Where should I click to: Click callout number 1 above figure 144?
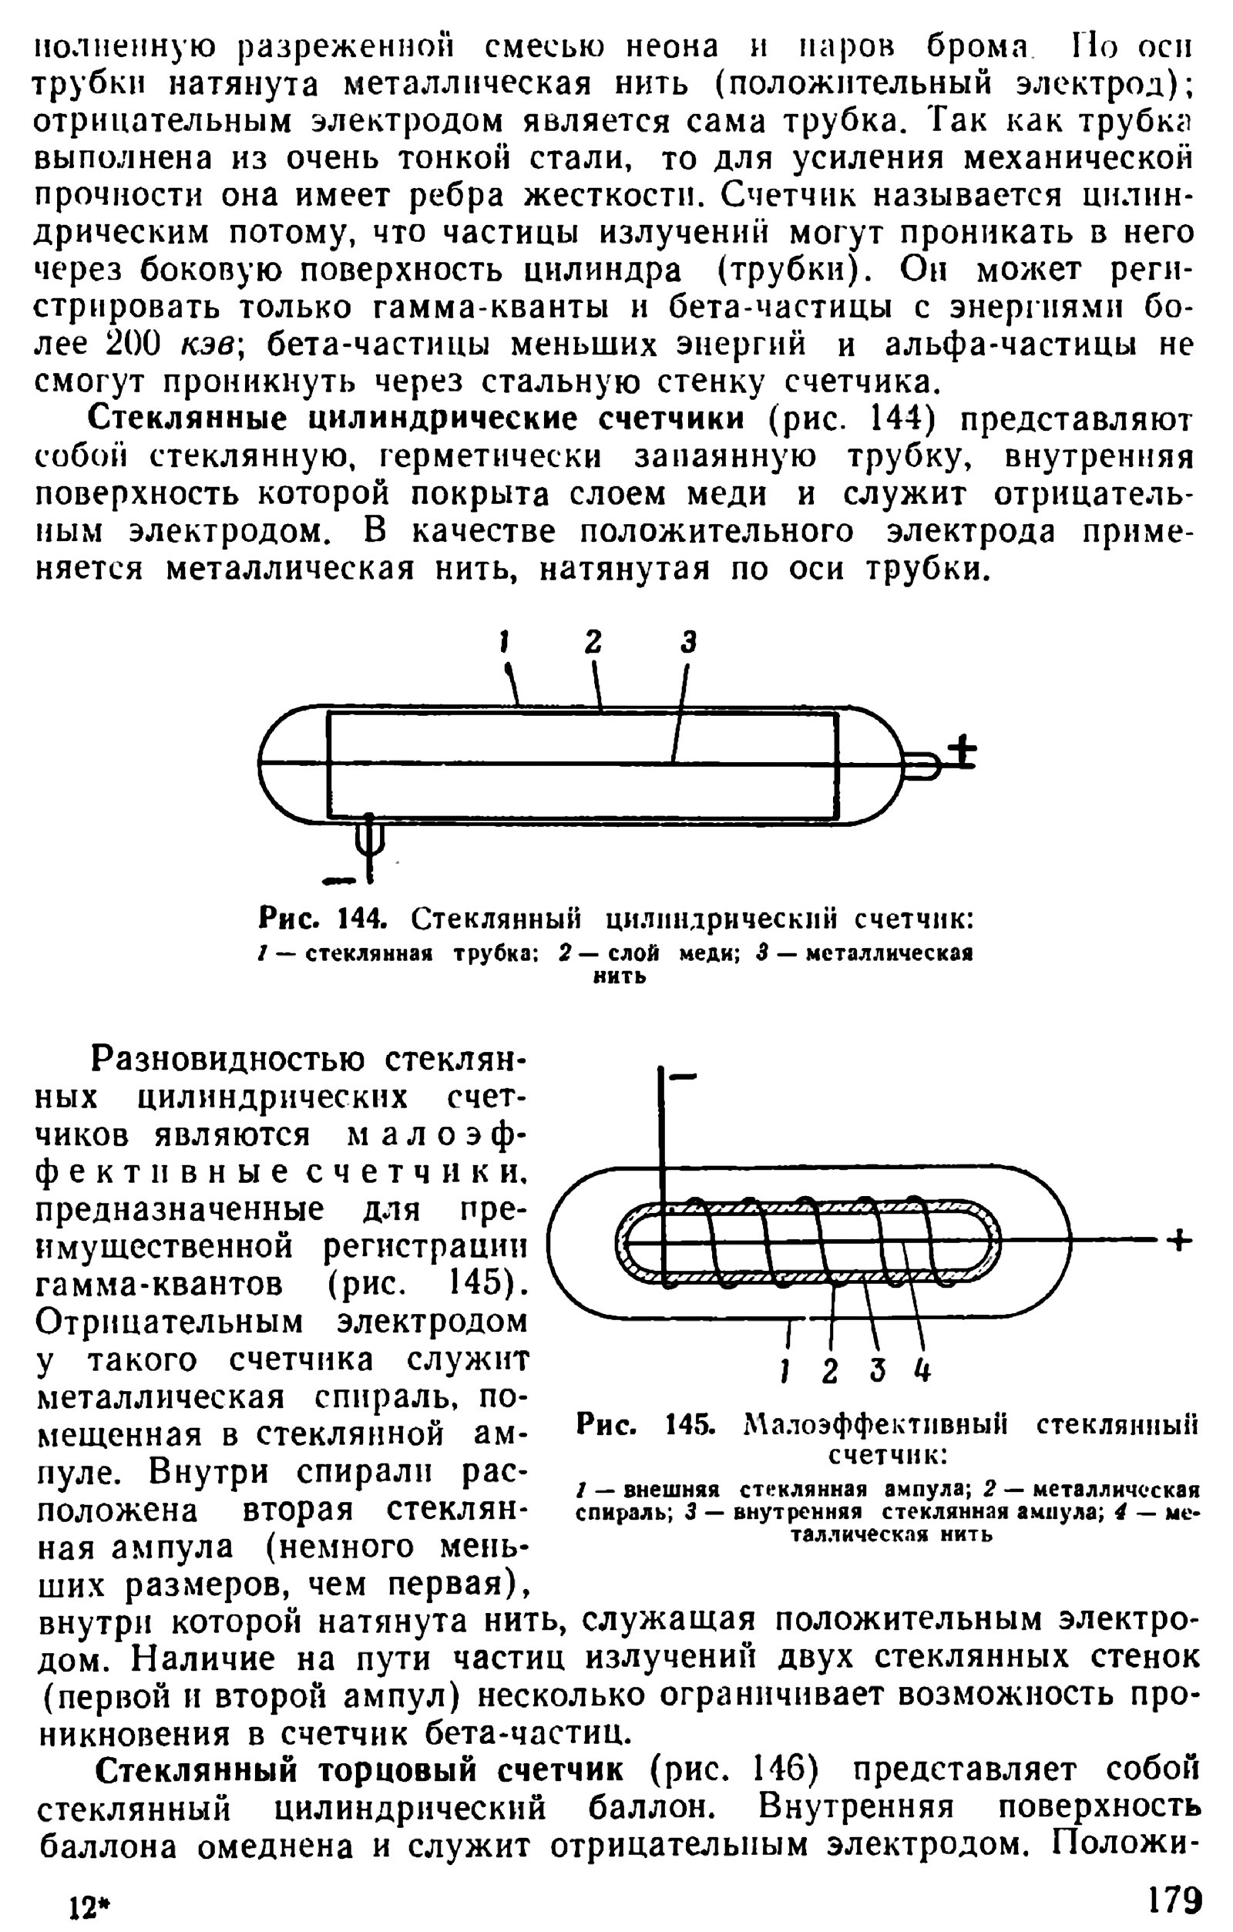505,642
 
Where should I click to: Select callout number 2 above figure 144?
592,642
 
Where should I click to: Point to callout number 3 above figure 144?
688,642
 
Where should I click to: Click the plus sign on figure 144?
961,753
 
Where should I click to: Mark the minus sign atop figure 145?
683,1077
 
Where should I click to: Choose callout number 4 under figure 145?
922,1370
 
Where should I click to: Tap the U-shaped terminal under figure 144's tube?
369,838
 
